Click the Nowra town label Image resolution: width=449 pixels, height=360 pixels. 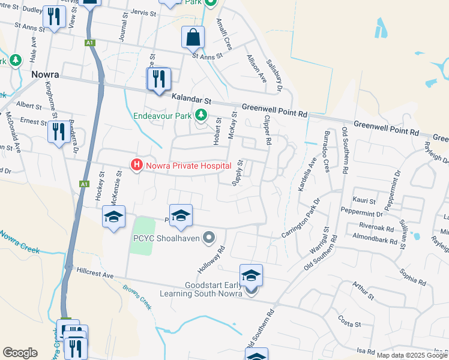tap(45, 75)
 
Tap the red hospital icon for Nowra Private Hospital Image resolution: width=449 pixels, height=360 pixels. tap(137, 164)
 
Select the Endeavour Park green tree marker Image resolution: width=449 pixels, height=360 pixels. tap(202, 114)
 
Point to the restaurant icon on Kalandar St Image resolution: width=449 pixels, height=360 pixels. tap(159, 79)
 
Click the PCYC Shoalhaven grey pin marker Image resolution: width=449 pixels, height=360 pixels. tap(209, 238)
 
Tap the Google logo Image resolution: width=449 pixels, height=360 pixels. tap(20, 353)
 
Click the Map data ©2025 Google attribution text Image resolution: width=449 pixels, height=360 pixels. tap(412, 355)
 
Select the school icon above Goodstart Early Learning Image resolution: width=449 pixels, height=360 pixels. tap(252, 276)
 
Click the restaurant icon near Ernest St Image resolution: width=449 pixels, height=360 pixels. tap(59, 131)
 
